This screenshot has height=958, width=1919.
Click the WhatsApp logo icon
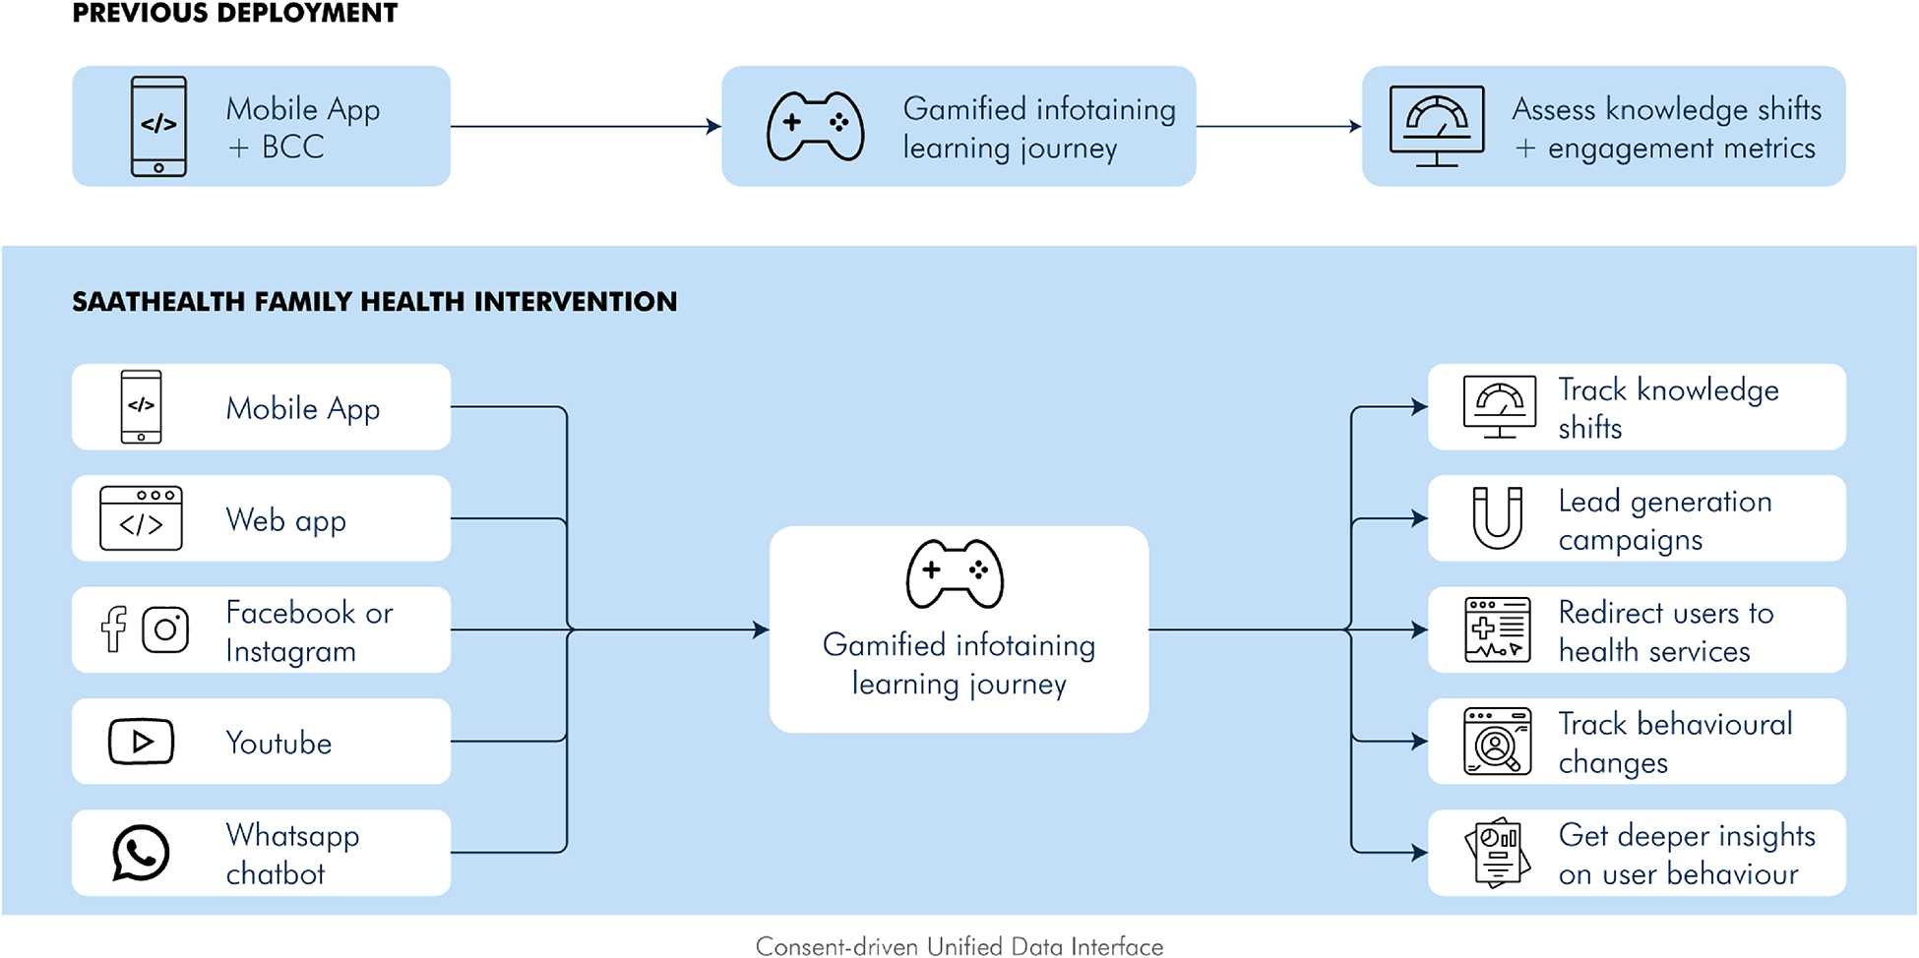click(141, 853)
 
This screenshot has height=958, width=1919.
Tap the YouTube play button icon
click(141, 742)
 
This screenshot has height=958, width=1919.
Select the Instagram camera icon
click(165, 629)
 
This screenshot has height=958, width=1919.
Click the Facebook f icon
click(114, 629)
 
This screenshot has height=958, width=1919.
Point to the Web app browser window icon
click(141, 518)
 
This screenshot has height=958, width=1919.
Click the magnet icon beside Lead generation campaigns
click(1497, 517)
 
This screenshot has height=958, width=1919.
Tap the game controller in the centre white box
click(955, 574)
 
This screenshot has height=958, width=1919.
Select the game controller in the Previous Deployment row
click(816, 126)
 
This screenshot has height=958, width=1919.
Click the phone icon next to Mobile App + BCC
click(158, 126)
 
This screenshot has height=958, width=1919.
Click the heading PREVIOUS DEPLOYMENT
click(235, 14)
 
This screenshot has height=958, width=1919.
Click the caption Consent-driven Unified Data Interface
click(959, 946)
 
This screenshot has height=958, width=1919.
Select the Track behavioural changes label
click(1675, 743)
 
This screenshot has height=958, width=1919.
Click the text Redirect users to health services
click(1665, 631)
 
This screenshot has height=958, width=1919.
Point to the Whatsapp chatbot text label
click(292, 854)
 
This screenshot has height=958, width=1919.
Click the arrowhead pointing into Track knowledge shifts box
click(1419, 407)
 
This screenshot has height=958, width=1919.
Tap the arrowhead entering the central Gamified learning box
click(761, 629)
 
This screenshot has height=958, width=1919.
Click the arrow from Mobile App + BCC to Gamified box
click(586, 126)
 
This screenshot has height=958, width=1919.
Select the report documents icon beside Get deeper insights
click(1497, 853)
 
